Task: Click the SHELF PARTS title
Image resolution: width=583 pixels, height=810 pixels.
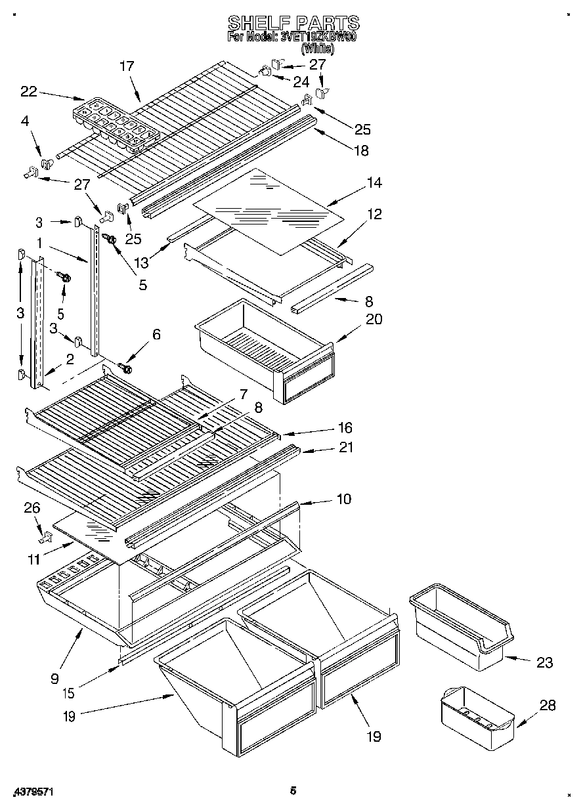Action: [293, 24]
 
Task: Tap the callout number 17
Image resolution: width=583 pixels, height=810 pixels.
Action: [127, 66]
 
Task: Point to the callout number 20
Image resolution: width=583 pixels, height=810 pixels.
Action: [374, 319]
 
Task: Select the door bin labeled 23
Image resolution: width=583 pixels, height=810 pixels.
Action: [462, 630]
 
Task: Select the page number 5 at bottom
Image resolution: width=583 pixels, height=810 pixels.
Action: [293, 791]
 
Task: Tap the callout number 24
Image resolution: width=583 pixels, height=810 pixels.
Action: [301, 82]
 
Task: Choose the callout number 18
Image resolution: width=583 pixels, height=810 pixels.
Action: [360, 150]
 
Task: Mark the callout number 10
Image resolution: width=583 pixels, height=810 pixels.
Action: [343, 499]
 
